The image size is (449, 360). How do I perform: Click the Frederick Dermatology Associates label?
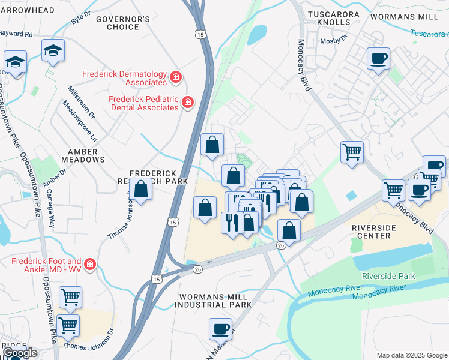pyautogui.click(x=124, y=77)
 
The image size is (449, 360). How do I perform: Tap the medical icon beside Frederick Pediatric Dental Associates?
pyautogui.click(x=188, y=103)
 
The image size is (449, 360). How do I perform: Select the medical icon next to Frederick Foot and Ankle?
pyautogui.click(x=89, y=265)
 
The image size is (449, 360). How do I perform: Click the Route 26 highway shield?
pyautogui.click(x=280, y=245)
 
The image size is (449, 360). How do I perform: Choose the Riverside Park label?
pyautogui.click(x=388, y=277)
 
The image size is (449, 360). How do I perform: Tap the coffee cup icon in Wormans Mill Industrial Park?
pyautogui.click(x=220, y=329)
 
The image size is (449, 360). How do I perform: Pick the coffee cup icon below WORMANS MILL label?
pyautogui.click(x=378, y=59)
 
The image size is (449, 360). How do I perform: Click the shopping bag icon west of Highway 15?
pyautogui.click(x=140, y=190)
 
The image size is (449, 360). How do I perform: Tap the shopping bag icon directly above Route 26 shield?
pyautogui.click(x=289, y=230)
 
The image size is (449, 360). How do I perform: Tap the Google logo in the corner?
pyautogui.click(x=20, y=353)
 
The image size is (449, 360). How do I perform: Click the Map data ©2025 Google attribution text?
pyautogui.click(x=411, y=355)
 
